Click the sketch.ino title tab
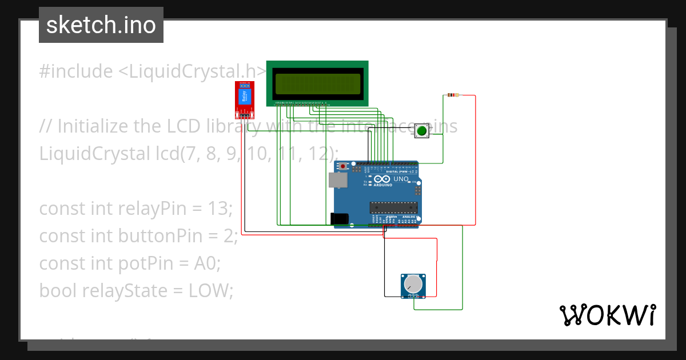point(101,25)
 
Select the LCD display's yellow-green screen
point(317,83)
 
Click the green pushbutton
point(422,131)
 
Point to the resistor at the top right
point(454,95)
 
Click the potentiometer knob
point(413,283)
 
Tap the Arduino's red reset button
point(343,166)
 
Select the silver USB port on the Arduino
point(337,181)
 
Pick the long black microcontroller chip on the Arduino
point(393,207)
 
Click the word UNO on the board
point(401,179)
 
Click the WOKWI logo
point(607,315)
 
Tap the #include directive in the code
point(76,71)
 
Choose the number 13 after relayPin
point(217,209)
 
